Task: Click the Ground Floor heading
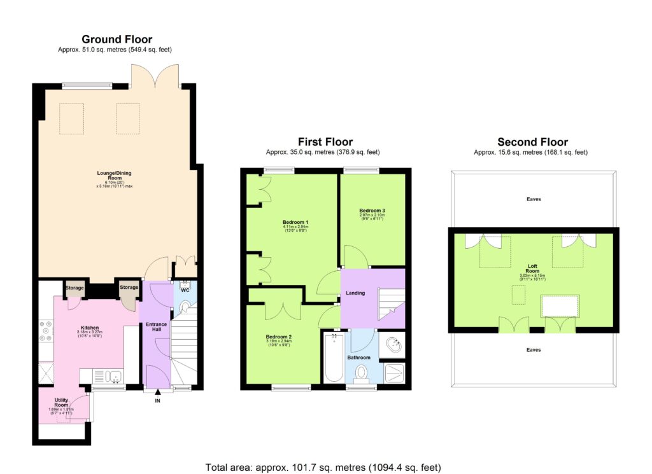pos(117,39)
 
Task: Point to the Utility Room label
pos(60,405)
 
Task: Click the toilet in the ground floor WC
pos(185,307)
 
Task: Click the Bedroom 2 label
pos(279,337)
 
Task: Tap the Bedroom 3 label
pos(372,210)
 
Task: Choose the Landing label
pos(356,293)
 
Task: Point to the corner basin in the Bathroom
pos(393,344)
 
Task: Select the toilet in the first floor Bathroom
pos(362,372)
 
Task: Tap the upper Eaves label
pos(534,199)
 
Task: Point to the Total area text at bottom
pos(323,467)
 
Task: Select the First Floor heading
pos(325,142)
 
